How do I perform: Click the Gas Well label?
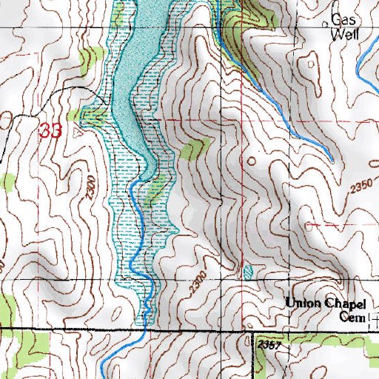[x=343, y=27]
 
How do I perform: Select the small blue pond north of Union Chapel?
[x=247, y=271]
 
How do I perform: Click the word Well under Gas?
[x=344, y=33]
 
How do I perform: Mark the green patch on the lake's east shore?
[x=192, y=150]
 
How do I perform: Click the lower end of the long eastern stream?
[x=330, y=160]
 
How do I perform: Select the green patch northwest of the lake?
[x=91, y=57]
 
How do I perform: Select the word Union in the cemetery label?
[x=304, y=302]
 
